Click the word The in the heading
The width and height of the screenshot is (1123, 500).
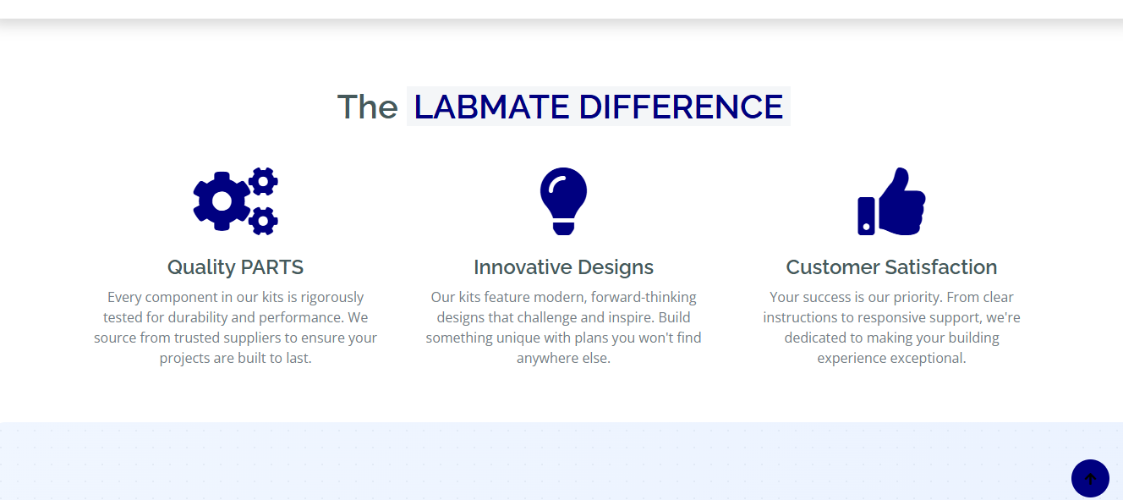tap(368, 107)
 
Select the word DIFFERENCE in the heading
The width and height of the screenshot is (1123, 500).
tap(681, 107)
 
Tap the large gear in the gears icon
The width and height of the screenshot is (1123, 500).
tap(221, 201)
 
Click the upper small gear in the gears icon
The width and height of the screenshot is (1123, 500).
tap(263, 181)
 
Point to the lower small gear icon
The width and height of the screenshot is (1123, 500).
tap(263, 221)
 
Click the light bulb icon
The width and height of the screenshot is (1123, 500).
tap(563, 201)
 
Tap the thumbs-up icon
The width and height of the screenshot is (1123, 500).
tap(891, 201)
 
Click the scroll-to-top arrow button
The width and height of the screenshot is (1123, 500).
tap(1090, 479)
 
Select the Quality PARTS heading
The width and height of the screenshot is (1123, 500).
tap(235, 267)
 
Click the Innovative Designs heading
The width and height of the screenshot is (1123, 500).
tap(563, 267)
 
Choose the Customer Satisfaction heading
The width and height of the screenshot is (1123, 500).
tap(891, 267)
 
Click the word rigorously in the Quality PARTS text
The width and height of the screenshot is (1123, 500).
tap(331, 298)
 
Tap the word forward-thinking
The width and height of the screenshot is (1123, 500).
tap(644, 298)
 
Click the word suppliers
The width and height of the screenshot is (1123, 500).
tap(253, 338)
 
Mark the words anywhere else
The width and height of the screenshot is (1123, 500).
tap(563, 358)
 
